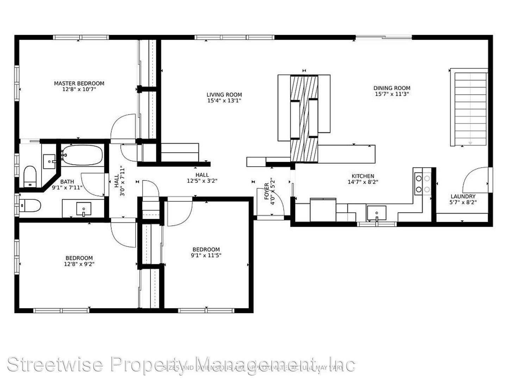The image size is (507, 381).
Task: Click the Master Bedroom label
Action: (x=79, y=84)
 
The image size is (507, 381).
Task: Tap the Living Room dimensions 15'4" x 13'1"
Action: (x=224, y=101)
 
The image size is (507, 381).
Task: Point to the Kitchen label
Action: (x=363, y=176)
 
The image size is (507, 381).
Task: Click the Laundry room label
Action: (x=463, y=196)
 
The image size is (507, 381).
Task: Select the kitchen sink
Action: (x=376, y=213)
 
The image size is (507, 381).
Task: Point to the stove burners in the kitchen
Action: (x=423, y=184)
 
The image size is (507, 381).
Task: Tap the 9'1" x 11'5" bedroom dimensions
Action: (x=206, y=255)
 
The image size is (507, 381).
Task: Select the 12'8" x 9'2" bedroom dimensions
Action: (x=79, y=264)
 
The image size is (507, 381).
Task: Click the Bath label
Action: (x=67, y=182)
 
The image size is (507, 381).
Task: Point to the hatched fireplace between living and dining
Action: (x=304, y=118)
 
